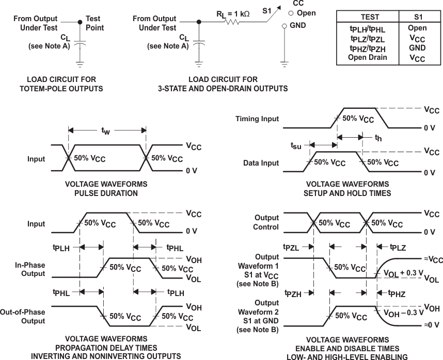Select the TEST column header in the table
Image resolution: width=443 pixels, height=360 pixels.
(369, 17)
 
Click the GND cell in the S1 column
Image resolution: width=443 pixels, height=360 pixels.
(417, 48)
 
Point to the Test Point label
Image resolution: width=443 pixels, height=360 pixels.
(93, 23)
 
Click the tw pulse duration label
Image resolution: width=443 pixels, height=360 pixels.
(106, 132)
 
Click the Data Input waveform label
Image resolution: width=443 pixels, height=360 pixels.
(261, 163)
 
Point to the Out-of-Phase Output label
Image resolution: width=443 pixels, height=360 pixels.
(29, 316)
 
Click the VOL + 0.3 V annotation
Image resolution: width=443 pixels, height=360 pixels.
(403, 273)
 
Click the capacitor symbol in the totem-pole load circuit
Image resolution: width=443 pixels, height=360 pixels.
(80, 45)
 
